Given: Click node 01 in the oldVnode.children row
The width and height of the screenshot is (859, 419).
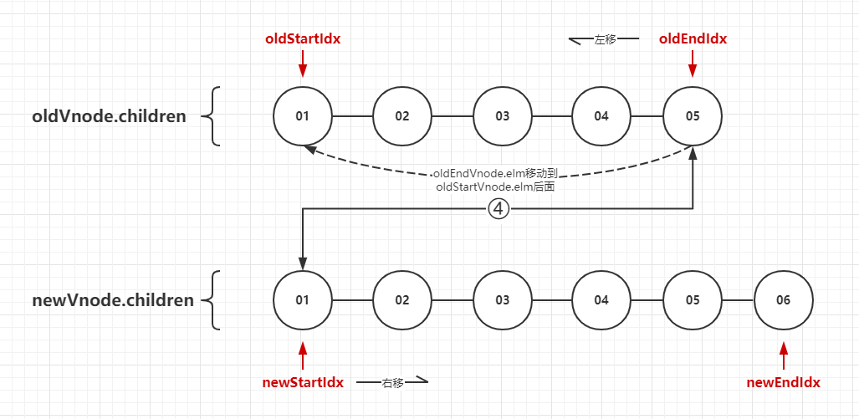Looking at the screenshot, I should (x=303, y=116).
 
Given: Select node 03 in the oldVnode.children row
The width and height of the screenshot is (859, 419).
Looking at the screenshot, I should (x=502, y=116).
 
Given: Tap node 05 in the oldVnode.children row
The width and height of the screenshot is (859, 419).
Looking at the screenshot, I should (x=693, y=116).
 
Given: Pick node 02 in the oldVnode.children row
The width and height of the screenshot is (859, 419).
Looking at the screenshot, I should (x=402, y=116).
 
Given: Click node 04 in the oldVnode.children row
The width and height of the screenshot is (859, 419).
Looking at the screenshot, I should (x=601, y=116).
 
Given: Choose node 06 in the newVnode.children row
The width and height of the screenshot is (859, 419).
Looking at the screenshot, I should (x=783, y=299).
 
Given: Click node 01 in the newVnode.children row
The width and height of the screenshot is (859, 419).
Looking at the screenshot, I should (x=303, y=299).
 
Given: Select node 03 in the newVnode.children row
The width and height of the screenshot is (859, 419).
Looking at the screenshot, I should (x=502, y=299).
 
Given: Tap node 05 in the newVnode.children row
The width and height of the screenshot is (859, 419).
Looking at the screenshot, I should (x=693, y=299).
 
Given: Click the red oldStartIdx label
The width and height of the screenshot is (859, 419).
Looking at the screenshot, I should (x=303, y=38).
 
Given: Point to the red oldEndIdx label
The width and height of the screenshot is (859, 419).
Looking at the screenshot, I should (x=693, y=38).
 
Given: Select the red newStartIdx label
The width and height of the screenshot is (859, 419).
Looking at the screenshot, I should (x=303, y=382).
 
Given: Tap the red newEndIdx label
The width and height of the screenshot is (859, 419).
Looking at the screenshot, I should (x=783, y=382).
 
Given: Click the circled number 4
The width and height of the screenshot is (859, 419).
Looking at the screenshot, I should (x=499, y=209).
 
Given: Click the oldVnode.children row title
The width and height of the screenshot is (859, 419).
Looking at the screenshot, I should (x=109, y=116).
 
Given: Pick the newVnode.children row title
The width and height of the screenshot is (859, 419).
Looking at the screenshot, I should (x=113, y=299).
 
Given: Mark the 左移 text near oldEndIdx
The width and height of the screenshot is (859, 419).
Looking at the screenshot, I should (x=605, y=39).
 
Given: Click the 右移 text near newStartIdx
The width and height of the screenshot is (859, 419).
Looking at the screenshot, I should (x=392, y=382).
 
